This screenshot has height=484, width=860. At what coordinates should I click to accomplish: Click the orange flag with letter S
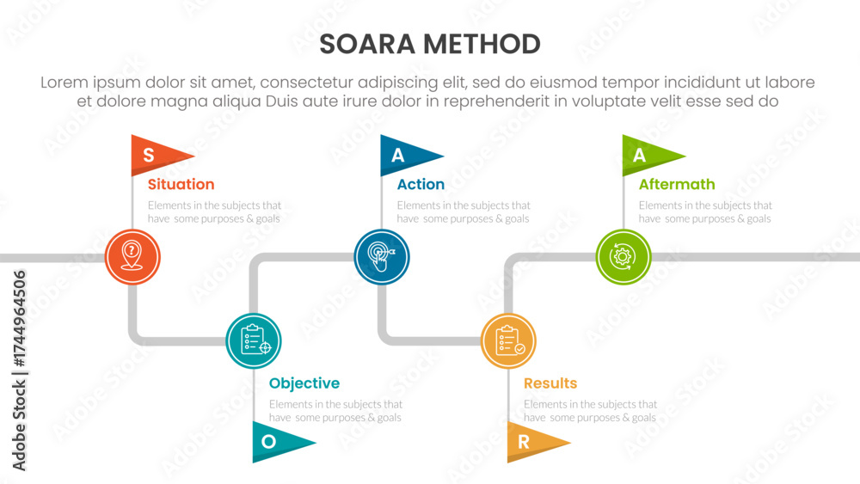pyautogui.click(x=157, y=155)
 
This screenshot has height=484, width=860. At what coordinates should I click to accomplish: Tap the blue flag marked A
pyautogui.click(x=406, y=155)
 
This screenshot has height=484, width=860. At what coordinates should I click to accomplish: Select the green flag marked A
pyautogui.click(x=648, y=155)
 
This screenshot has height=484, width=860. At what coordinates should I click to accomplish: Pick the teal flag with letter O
pyautogui.click(x=278, y=442)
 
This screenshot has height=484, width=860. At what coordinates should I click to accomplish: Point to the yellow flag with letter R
pyautogui.click(x=532, y=442)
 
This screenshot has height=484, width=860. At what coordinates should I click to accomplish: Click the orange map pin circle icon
pyautogui.click(x=132, y=256)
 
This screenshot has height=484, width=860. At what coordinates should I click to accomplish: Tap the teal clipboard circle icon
pyautogui.click(x=254, y=341)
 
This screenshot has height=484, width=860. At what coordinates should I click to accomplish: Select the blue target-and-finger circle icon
pyautogui.click(x=382, y=256)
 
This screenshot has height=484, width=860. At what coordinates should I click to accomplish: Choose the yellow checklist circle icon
pyautogui.click(x=508, y=341)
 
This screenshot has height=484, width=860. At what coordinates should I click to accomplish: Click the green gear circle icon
pyautogui.click(x=623, y=256)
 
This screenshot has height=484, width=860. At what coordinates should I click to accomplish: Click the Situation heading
pyautogui.click(x=181, y=184)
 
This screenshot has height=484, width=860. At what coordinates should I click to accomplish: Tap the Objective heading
pyautogui.click(x=304, y=383)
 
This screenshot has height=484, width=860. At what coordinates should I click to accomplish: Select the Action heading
pyautogui.click(x=421, y=184)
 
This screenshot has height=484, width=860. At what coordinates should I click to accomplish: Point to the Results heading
pyautogui.click(x=550, y=383)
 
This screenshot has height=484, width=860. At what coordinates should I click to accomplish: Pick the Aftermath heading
pyautogui.click(x=677, y=184)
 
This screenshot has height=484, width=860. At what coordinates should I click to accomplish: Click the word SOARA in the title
pyautogui.click(x=367, y=45)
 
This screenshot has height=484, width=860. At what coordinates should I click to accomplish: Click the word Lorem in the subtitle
pyautogui.click(x=64, y=83)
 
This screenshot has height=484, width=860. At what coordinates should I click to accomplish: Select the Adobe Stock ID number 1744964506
pyautogui.click(x=19, y=318)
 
